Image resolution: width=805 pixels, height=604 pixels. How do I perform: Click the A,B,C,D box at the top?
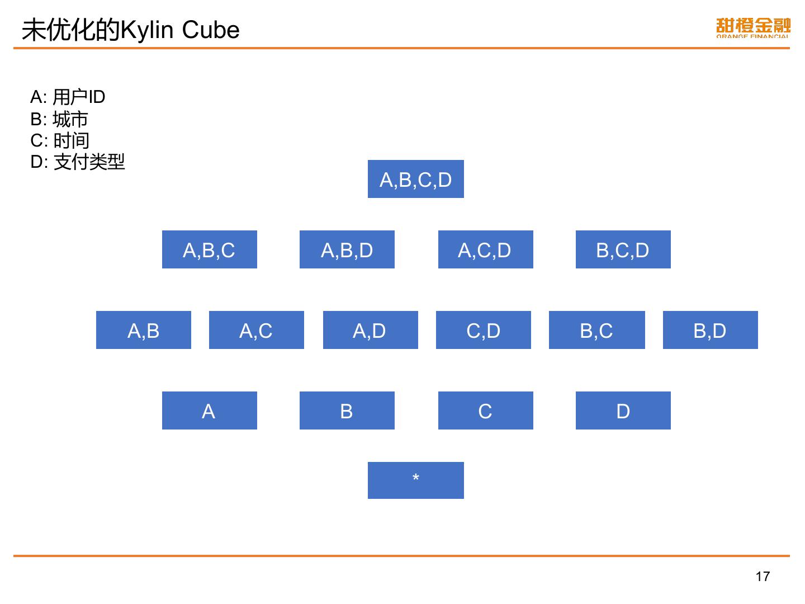coord(415,179)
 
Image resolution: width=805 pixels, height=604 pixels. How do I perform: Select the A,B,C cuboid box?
coord(209,249)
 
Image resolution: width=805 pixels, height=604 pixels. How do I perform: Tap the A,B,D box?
coord(347,249)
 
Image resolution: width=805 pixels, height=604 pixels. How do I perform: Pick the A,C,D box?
coord(485,249)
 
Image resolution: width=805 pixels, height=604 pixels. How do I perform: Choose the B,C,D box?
coord(623,249)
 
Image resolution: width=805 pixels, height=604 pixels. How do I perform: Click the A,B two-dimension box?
coord(143,330)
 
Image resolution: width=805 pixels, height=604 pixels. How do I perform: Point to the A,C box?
coord(256,330)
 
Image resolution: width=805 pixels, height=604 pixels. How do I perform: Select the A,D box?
coord(370,330)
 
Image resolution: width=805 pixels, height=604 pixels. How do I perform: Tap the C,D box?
coord(483,330)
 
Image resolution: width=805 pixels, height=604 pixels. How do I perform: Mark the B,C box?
coord(596,330)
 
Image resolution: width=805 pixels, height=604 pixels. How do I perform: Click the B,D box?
coord(710,330)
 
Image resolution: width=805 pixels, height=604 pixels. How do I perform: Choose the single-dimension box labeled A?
coord(209,410)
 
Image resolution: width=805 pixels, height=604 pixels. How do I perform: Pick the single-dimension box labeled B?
coord(347,410)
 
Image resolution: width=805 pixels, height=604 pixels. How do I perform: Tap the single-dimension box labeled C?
coord(485,410)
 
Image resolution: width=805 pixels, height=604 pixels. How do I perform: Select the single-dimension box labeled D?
coord(623,410)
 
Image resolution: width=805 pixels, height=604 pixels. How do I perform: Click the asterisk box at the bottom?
coord(415,480)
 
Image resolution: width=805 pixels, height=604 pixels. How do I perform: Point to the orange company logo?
coord(753,28)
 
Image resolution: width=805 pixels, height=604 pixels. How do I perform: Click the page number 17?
coord(763,577)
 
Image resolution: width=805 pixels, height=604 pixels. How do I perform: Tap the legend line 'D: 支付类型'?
coord(78,162)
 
